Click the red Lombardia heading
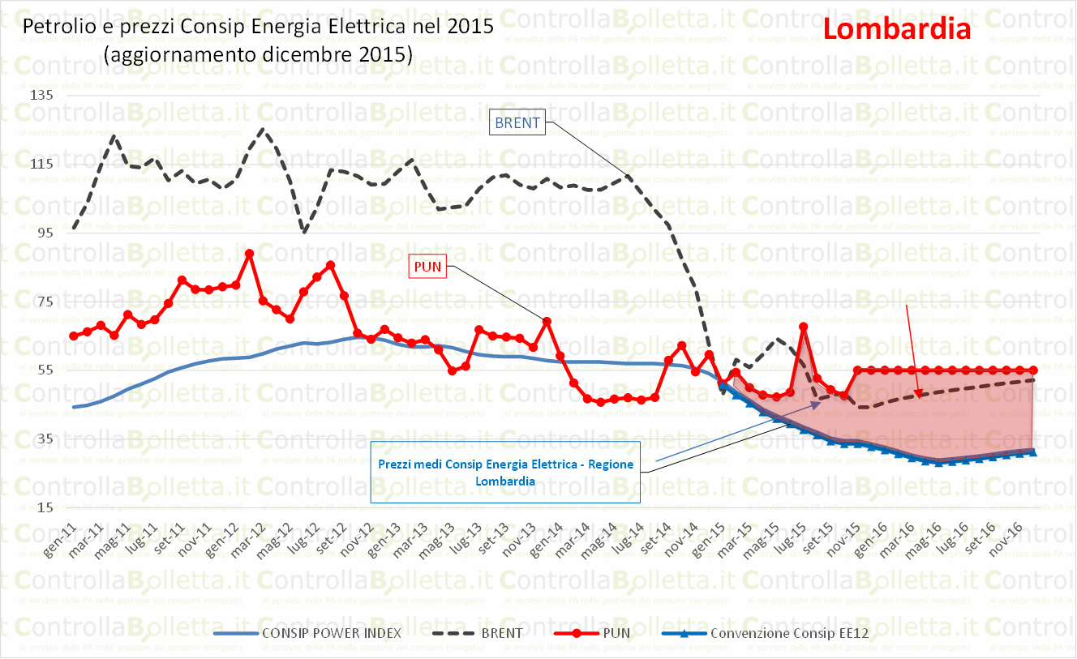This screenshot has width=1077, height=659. click(x=896, y=29)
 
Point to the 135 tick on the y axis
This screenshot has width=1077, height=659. click(x=41, y=96)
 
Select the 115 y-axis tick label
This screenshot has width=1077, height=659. click(x=41, y=165)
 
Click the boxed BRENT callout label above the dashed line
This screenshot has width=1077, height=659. click(x=516, y=122)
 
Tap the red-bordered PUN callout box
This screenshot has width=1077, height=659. click(x=427, y=266)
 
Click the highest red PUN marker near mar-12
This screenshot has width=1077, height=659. click(x=249, y=254)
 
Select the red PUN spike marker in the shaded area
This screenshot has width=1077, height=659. click(x=804, y=327)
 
